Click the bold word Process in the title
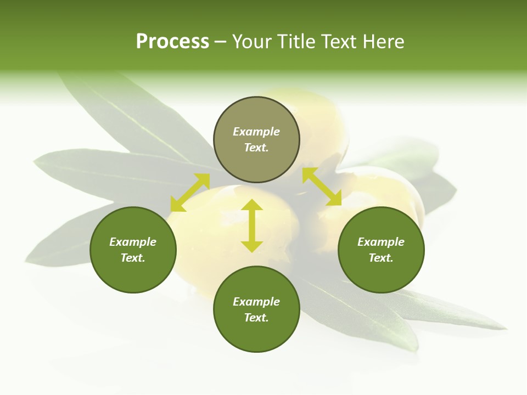(x=172, y=42)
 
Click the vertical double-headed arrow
(x=252, y=225)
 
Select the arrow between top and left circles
(x=190, y=193)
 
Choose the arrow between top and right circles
(x=322, y=187)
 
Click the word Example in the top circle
(x=256, y=132)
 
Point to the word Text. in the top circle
(x=256, y=148)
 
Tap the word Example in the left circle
(x=133, y=242)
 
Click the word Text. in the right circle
(x=380, y=258)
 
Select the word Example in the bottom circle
(x=256, y=302)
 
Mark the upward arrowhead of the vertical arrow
(x=252, y=205)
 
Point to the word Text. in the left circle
(x=133, y=258)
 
